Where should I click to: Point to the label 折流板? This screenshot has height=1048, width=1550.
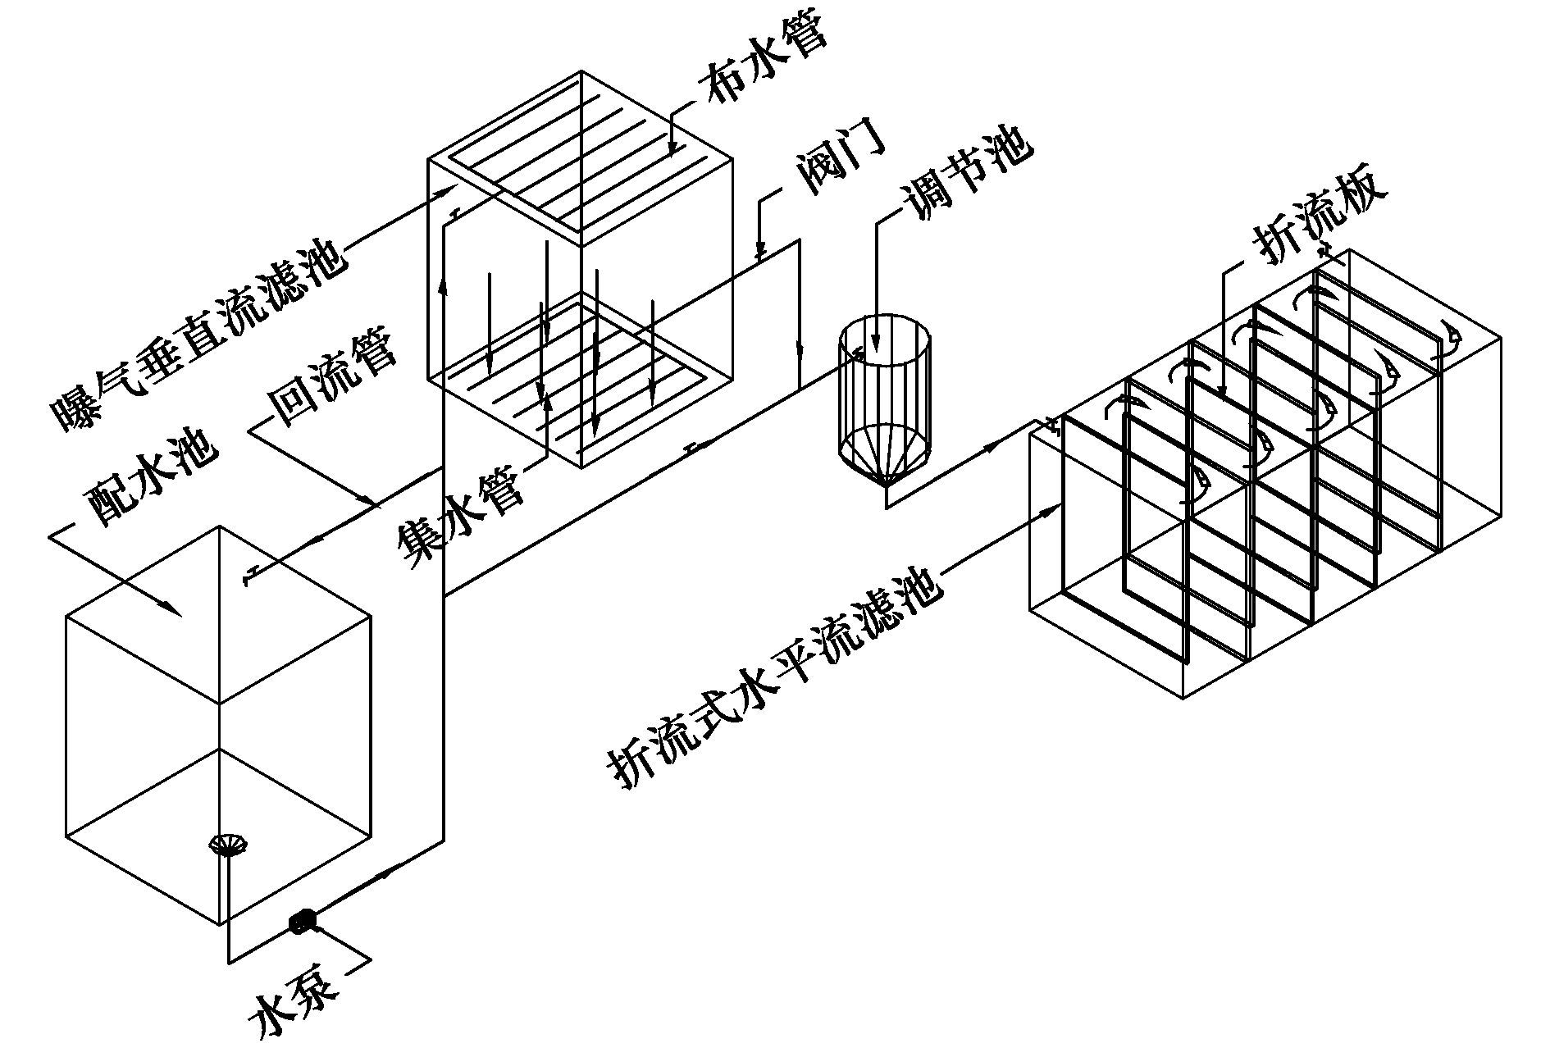point(1317,217)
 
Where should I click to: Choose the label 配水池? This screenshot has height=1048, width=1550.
point(152,480)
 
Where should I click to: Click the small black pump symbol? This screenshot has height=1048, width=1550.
point(303,921)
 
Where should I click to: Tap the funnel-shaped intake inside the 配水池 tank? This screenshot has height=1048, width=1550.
point(229,845)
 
